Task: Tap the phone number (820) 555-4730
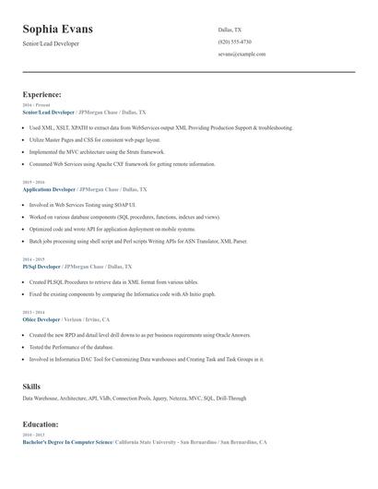[x=234, y=42]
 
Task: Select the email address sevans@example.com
[x=242, y=54]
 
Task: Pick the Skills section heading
[x=31, y=387]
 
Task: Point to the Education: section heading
[x=41, y=424]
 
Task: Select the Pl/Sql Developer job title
[x=41, y=266]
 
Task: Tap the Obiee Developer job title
[x=41, y=318]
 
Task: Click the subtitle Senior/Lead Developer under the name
[x=51, y=43]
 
